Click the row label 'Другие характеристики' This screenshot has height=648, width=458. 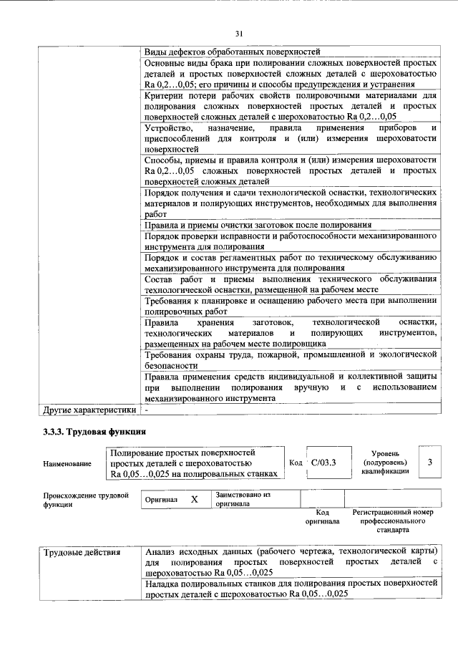[89, 410]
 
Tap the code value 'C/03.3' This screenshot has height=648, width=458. [323, 463]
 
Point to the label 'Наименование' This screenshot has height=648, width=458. [67, 464]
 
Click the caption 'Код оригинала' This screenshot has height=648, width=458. [322, 517]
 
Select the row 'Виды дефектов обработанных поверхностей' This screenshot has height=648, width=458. [232, 52]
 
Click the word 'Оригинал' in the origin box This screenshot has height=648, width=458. [161, 500]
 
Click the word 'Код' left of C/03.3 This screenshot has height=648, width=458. [295, 463]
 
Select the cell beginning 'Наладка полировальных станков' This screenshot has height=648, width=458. [291, 589]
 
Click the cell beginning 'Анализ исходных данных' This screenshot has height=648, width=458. [291, 562]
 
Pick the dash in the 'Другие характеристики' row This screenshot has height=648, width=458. [146, 410]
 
